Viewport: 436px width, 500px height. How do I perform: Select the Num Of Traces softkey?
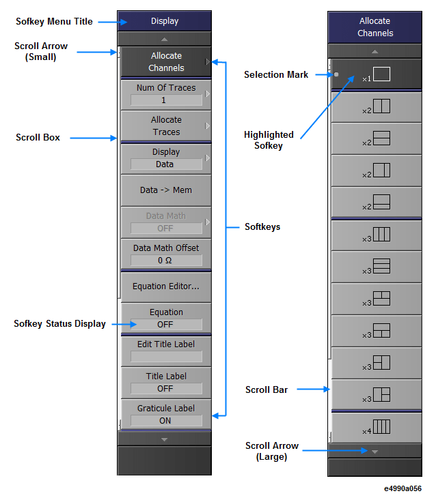click(x=165, y=93)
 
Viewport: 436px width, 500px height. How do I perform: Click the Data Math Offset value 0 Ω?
click(x=166, y=260)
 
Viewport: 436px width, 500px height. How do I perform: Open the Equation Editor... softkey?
click(x=165, y=286)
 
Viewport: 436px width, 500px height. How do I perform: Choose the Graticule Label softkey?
click(x=165, y=414)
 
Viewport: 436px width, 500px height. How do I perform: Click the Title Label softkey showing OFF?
click(x=165, y=382)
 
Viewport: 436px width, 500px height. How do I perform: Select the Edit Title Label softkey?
click(x=165, y=350)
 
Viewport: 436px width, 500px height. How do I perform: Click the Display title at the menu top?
click(x=165, y=21)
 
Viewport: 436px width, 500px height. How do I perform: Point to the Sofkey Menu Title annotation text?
click(x=54, y=22)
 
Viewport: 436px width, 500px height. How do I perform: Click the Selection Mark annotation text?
click(x=276, y=74)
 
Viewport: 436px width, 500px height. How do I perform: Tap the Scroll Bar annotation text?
click(x=267, y=390)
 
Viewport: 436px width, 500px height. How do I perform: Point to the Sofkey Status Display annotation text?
click(x=59, y=323)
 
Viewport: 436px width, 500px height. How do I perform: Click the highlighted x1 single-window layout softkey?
click(x=375, y=75)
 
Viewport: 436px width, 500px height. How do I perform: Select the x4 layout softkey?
click(x=375, y=427)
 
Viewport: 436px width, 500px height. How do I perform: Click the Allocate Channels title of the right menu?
click(x=375, y=27)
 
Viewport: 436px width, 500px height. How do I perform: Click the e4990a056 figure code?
click(x=403, y=488)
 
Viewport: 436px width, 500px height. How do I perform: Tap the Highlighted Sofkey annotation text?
click(x=269, y=140)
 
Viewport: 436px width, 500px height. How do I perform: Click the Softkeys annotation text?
click(x=262, y=226)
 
